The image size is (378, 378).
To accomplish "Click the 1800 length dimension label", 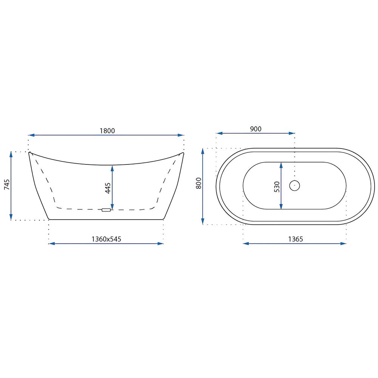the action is (107, 131).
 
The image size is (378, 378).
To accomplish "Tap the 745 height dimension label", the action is (7, 184).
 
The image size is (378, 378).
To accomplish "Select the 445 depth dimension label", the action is (108, 188).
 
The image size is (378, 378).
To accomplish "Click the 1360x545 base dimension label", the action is (106, 239).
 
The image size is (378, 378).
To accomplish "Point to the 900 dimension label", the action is (256, 129).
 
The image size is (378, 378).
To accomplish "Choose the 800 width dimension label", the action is (199, 183).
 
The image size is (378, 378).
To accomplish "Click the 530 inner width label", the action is (277, 187).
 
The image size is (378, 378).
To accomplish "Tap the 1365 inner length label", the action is (296, 239).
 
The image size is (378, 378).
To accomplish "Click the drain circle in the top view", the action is (294, 185).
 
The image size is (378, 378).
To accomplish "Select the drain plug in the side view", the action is (106, 210).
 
